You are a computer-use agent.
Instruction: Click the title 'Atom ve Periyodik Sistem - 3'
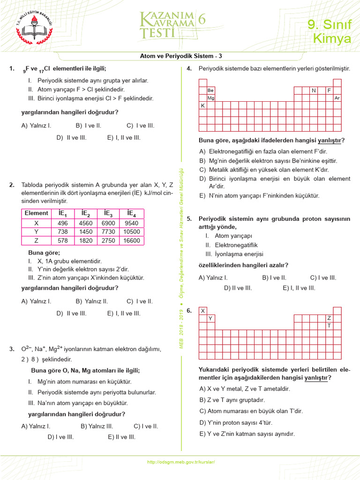point(181,56)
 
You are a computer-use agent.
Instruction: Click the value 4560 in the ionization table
point(86,223)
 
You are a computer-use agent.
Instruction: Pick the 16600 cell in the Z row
point(131,240)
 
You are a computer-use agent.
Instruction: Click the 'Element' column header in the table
point(36,213)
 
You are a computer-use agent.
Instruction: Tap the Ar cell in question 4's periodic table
point(337,98)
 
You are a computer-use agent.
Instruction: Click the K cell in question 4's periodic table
point(203,106)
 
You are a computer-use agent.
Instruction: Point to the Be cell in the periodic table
point(211,90)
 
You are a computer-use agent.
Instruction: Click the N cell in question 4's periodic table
point(314,90)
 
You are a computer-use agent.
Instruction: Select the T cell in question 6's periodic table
point(329,325)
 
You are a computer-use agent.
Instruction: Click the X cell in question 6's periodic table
point(203,310)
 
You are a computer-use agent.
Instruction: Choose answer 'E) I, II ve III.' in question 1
point(124,137)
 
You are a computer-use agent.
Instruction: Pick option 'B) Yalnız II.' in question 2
point(92,301)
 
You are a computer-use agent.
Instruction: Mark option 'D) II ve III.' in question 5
point(238,288)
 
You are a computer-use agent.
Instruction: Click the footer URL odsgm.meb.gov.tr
point(181,462)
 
